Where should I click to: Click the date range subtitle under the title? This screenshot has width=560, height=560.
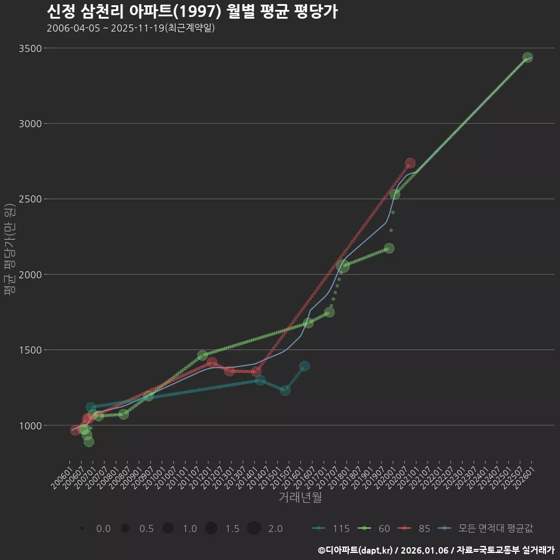tap(131, 28)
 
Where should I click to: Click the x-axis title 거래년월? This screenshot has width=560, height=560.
tap(300, 497)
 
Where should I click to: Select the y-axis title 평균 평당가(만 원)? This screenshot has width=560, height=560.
tap(9, 250)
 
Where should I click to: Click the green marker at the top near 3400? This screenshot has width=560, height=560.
tap(528, 57)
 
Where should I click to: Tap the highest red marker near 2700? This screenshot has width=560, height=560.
tap(410, 163)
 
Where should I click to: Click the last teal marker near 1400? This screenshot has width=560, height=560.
tap(304, 366)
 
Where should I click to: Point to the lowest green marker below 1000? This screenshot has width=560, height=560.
tap(89, 442)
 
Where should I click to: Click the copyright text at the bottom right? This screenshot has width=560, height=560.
tap(436, 549)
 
